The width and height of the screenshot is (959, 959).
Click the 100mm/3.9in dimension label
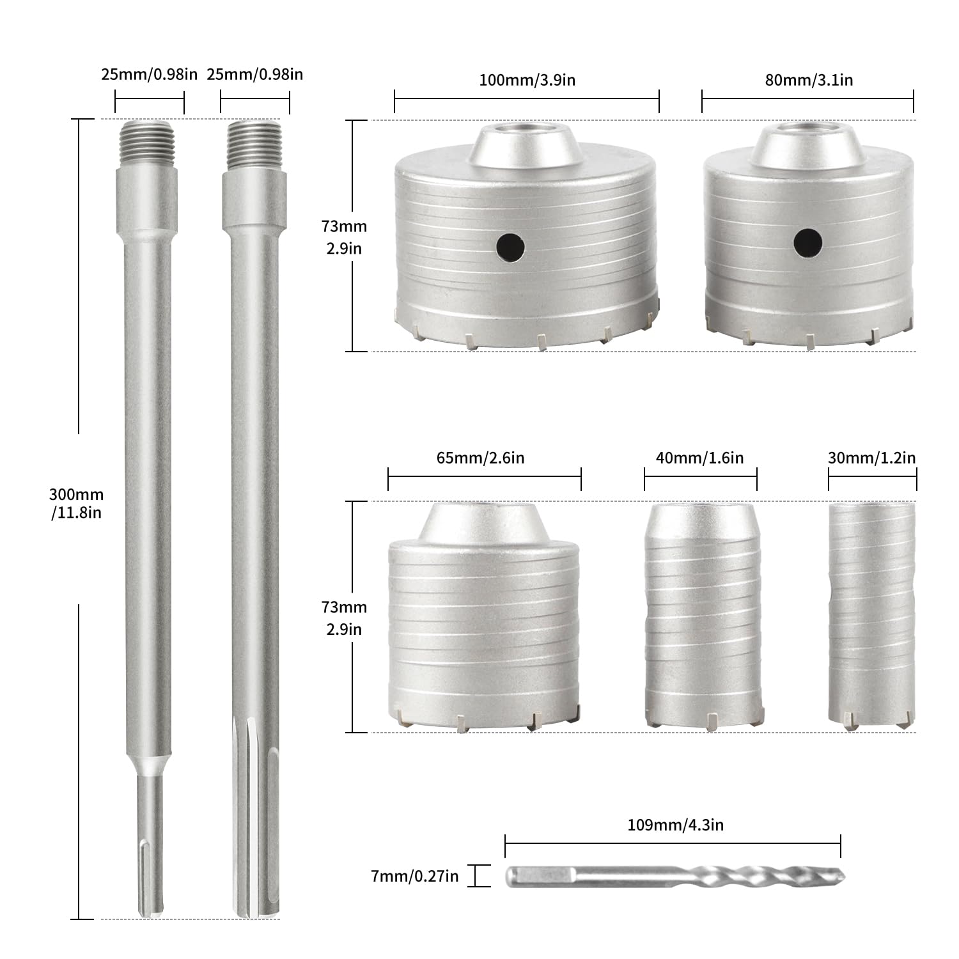point(527,80)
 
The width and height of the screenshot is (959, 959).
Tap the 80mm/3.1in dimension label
point(809,80)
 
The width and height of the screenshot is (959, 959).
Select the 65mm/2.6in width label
point(480,458)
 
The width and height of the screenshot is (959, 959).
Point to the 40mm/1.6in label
point(699,458)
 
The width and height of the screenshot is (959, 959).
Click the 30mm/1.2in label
point(871,458)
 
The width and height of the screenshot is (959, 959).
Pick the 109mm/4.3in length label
point(675,825)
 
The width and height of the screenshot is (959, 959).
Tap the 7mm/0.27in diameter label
point(414,876)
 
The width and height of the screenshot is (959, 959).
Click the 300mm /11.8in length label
point(76,503)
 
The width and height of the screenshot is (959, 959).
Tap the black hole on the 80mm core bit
point(808,242)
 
